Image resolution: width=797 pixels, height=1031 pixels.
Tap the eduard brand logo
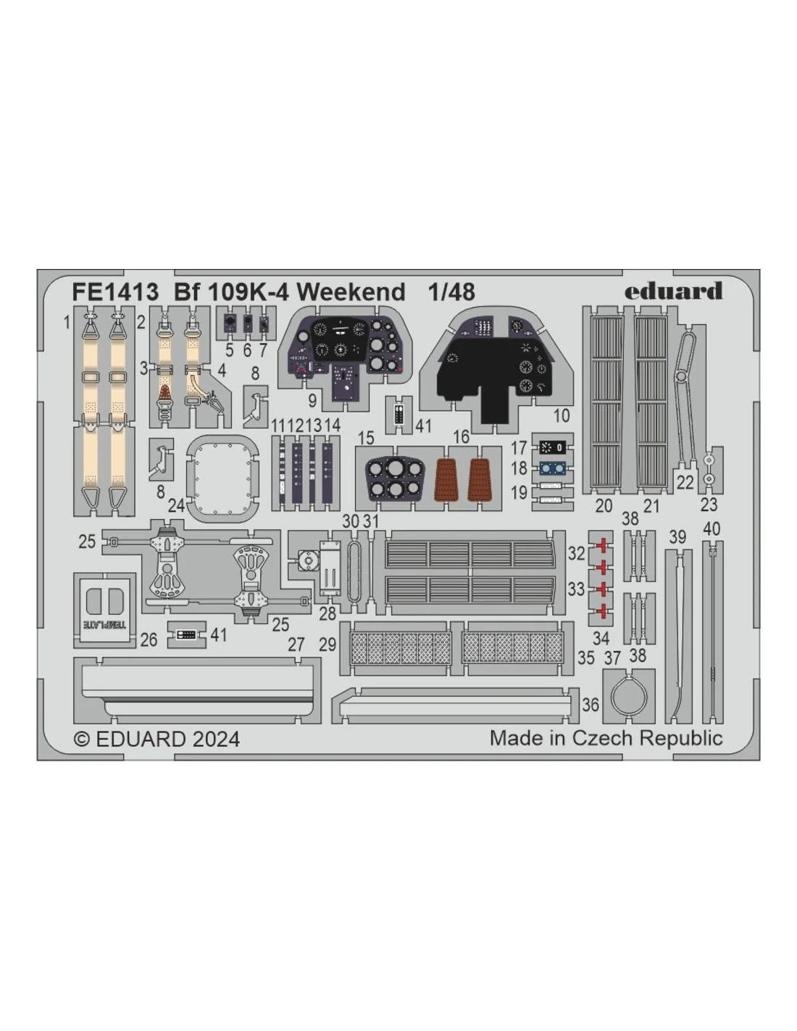(673, 291)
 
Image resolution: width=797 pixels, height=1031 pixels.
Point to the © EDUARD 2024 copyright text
(157, 740)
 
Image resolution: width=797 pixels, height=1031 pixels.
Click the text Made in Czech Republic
(606, 738)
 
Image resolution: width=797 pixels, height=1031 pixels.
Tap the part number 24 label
(176, 506)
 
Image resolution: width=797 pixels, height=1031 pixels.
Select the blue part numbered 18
(553, 469)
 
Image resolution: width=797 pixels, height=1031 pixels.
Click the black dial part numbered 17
(553, 447)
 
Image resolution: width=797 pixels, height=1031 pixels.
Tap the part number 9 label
(312, 400)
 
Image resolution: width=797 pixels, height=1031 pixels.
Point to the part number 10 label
(562, 415)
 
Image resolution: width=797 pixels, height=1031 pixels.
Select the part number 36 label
(591, 705)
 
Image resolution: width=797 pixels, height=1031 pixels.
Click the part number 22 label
(685, 483)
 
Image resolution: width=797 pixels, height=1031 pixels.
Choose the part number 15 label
(366, 437)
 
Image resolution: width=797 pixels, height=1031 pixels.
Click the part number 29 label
(327, 645)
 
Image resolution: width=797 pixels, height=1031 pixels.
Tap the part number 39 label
(677, 537)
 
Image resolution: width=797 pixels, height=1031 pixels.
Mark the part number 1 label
(67, 323)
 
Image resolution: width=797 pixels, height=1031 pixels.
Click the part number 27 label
(296, 645)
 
